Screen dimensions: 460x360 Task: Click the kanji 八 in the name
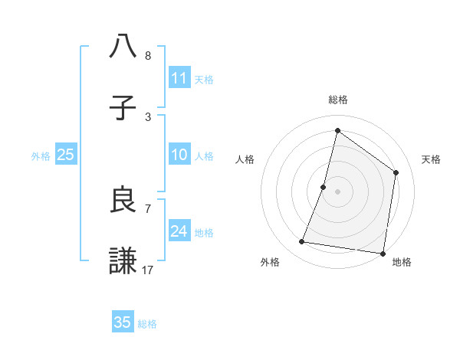pyautogui.click(x=123, y=47)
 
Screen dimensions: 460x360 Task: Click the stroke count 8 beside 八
pyautogui.click(x=148, y=56)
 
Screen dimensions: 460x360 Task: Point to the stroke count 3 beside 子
pyautogui.click(x=148, y=116)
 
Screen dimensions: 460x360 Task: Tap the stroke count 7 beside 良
pyautogui.click(x=148, y=208)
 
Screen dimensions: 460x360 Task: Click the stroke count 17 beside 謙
pyautogui.click(x=148, y=270)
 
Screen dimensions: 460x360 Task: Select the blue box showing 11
pyautogui.click(x=179, y=78)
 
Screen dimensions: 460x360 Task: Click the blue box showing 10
pyautogui.click(x=179, y=155)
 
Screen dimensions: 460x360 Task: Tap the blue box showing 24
pyautogui.click(x=179, y=231)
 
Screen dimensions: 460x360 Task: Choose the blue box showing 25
pyautogui.click(x=66, y=155)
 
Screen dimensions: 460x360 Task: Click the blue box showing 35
pyautogui.click(x=123, y=322)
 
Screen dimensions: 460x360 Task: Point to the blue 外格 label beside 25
pyautogui.click(x=41, y=156)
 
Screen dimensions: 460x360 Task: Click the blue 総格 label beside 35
pyautogui.click(x=147, y=324)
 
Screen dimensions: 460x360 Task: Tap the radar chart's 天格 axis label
pyautogui.click(x=431, y=159)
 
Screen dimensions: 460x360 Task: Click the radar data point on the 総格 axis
pyautogui.click(x=337, y=131)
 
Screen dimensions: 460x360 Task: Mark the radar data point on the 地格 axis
pyautogui.click(x=382, y=253)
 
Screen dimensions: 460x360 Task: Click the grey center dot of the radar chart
pyautogui.click(x=337, y=191)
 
